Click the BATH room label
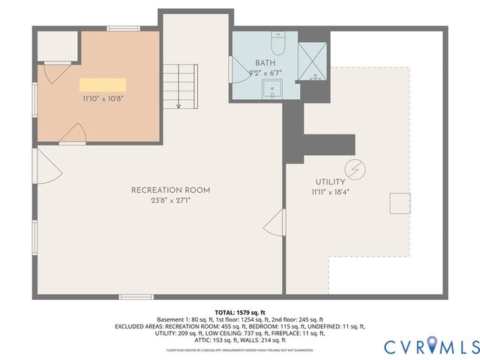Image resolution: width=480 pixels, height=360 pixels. pos(264,63)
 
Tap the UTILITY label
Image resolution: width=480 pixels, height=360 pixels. pos(330,182)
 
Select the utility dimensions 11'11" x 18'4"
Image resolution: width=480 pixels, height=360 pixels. pos(330,192)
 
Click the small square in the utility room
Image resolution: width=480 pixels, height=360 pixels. pos(399,204)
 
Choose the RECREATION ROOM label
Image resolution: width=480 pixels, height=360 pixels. pos(170,190)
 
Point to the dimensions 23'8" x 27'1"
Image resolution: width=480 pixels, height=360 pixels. pos(170,200)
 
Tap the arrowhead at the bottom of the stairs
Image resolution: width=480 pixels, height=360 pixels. pos(178,106)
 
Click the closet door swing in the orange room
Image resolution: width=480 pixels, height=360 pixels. pos(49,73)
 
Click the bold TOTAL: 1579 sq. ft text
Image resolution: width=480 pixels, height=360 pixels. pos(239,311)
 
